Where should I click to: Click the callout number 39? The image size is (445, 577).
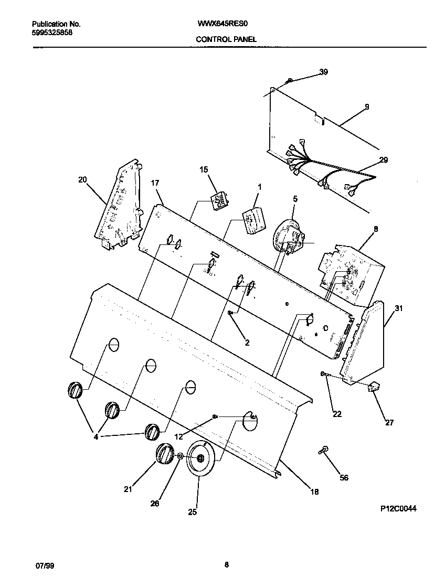pyautogui.click(x=323, y=72)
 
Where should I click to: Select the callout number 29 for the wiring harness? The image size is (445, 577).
pyautogui.click(x=383, y=160)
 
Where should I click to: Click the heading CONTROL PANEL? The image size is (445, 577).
pyautogui.click(x=226, y=39)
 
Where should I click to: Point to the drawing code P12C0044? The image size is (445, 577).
pyautogui.click(x=398, y=508)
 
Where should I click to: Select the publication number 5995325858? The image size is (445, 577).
pyautogui.click(x=52, y=32)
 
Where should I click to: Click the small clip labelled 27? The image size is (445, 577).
pyautogui.click(x=374, y=388)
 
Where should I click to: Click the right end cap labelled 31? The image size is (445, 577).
pyautogui.click(x=367, y=341)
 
